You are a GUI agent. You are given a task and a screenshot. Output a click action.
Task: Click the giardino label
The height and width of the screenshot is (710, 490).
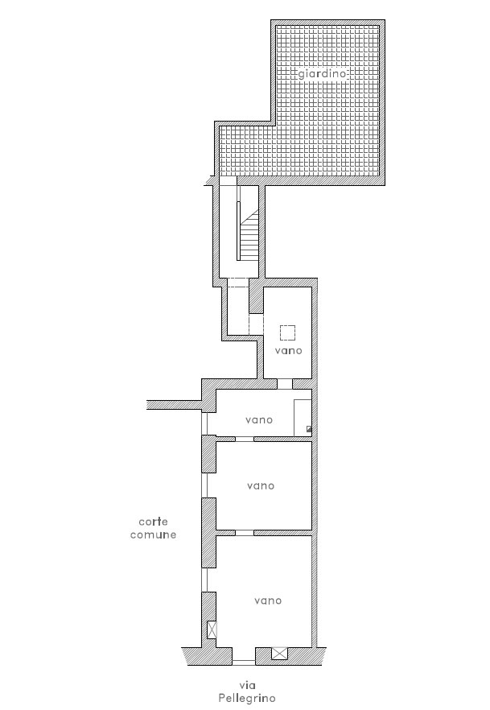pyautogui.click(x=322, y=74)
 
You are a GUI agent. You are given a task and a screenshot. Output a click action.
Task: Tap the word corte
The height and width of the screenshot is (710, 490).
pyautogui.click(x=154, y=522)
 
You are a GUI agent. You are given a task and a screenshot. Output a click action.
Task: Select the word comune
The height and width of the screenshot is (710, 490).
pyautogui.click(x=154, y=535)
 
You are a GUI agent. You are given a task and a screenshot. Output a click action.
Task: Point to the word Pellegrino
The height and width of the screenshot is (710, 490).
pyautogui.click(x=246, y=699)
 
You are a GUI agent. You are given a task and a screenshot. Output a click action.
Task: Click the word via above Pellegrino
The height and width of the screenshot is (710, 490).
pyautogui.click(x=248, y=686)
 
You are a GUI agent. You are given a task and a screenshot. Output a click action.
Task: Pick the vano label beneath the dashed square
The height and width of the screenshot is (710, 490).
pyautogui.click(x=288, y=350)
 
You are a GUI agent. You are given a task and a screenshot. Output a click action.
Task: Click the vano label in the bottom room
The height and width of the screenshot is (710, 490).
pyautogui.click(x=268, y=601)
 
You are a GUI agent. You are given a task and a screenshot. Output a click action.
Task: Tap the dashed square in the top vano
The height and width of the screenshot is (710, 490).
pyautogui.click(x=287, y=332)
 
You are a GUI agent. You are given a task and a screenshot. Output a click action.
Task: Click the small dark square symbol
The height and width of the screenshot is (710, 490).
pyautogui.click(x=309, y=429)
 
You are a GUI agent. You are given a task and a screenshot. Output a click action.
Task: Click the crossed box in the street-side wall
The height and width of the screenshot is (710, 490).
pyautogui.click(x=280, y=654)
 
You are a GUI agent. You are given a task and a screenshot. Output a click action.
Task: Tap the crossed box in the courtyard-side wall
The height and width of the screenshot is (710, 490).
pyautogui.click(x=212, y=629)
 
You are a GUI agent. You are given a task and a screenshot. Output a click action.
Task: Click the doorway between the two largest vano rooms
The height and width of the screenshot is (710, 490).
pyautogui.click(x=245, y=533)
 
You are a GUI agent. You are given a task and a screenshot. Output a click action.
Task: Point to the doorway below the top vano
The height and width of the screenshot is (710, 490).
pyautogui.click(x=285, y=384)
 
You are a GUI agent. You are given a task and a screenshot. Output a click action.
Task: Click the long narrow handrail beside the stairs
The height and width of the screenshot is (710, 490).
pyautogui.click(x=238, y=231)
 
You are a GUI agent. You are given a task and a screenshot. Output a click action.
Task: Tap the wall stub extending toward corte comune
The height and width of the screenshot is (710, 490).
pyautogui.click(x=174, y=405)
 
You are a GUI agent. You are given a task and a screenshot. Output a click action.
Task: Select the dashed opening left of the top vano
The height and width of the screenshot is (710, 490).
pyautogui.click(x=256, y=324)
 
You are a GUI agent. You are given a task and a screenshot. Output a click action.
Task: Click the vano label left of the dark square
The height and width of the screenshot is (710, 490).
pyautogui.click(x=259, y=420)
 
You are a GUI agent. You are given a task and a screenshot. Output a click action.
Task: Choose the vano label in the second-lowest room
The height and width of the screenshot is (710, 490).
pyautogui.click(x=261, y=486)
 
